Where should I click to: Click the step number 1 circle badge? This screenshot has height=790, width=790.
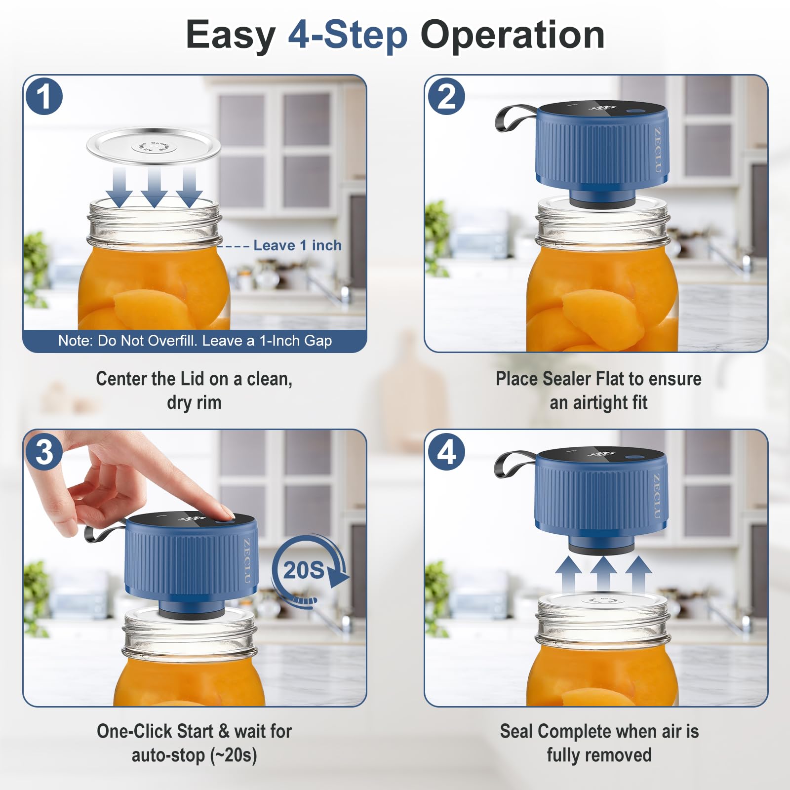point(44,96)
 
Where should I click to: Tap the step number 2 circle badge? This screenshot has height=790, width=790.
point(446,96)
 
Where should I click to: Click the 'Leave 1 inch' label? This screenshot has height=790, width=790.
point(297,245)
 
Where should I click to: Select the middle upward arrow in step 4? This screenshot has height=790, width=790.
point(603,573)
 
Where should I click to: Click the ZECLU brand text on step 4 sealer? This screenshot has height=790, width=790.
point(657,496)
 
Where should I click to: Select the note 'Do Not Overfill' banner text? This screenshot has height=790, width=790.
point(195,341)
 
